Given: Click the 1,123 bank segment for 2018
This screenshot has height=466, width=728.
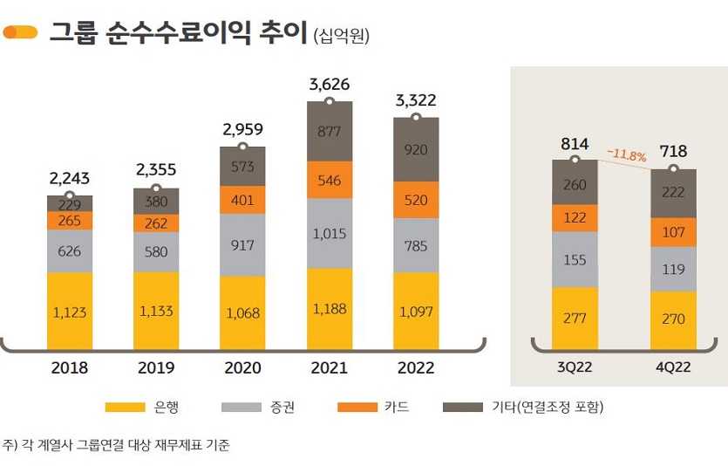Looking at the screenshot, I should [70, 312].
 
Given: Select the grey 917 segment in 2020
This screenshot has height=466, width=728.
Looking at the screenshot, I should [242, 245].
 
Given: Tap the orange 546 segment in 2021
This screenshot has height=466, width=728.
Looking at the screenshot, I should [329, 180].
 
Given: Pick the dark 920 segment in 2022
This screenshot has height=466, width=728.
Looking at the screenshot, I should [416, 149].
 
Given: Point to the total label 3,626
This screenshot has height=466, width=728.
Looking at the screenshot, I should [330, 86].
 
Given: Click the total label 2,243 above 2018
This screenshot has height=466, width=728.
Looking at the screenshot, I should [70, 179].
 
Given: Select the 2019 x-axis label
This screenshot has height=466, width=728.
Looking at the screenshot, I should [156, 368].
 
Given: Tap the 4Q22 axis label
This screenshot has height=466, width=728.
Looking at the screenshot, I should [673, 367].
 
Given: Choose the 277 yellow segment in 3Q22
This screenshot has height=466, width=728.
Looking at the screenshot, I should [575, 318].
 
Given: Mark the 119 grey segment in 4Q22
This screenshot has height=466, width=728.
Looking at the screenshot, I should [673, 270].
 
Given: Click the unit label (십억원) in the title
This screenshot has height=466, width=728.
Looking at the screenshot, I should [341, 35].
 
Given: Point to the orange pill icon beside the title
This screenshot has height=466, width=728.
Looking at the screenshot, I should [20, 33].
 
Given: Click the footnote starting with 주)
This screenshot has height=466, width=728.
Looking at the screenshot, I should [117, 445].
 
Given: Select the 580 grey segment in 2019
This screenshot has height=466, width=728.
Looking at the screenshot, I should [156, 251].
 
